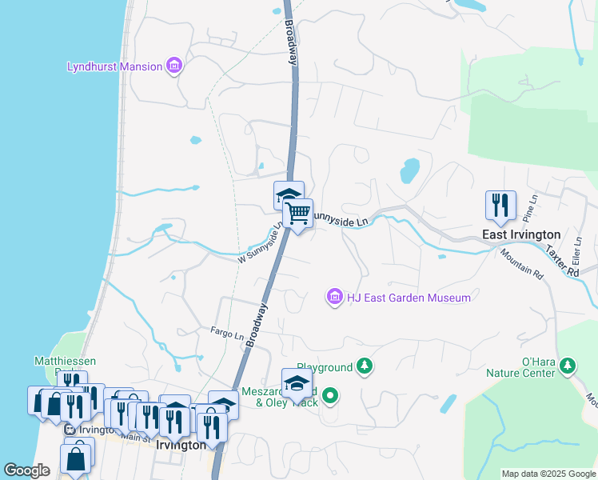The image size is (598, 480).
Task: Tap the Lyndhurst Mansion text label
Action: click(115, 66)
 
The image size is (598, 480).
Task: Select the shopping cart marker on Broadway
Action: click(297, 214)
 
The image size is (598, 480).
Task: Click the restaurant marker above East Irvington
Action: click(500, 205)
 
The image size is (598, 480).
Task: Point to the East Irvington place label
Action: click(518, 235)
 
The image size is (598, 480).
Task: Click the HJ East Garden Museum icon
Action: click(334, 298)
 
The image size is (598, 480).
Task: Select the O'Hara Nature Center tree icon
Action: click(568, 366)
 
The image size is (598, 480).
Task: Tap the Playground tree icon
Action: click(365, 367)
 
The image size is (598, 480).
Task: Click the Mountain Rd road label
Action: click(522, 263)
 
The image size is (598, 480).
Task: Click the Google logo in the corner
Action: click(27, 470)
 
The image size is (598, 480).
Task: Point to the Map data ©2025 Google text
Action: click(548, 474)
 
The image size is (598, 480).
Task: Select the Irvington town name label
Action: click(181, 445)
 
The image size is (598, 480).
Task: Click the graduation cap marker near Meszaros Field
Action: click(297, 383)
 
